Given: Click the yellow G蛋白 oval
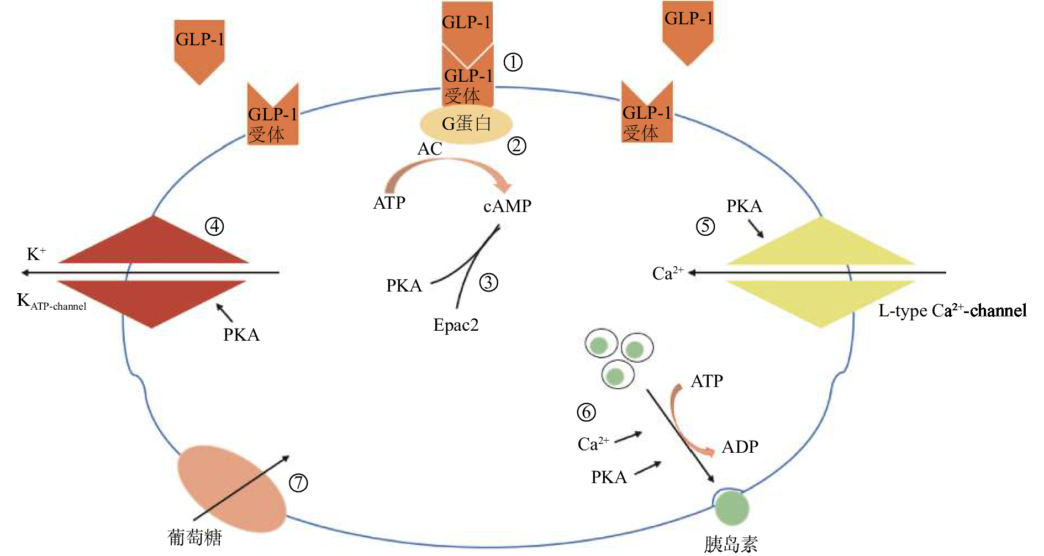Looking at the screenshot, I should tap(466, 124).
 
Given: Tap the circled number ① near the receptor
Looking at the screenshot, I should tap(513, 62).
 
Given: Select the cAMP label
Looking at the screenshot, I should tap(507, 206).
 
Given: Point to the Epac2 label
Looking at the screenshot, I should tap(456, 325).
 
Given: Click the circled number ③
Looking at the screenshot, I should tap(488, 283).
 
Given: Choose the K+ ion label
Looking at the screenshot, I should tap(36, 254).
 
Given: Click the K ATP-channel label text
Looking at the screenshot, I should tap(51, 302).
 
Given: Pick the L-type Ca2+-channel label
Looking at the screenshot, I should tap(952, 310).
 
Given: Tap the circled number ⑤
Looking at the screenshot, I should tap(705, 226).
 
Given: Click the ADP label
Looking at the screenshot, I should tap(740, 446).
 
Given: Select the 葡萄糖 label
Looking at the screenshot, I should tap(194, 537).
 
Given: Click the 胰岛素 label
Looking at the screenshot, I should tap(731, 544).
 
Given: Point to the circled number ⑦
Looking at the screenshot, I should tap(298, 483).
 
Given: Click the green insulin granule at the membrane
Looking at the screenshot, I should tap(732, 508).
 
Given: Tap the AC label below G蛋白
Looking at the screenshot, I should tap(430, 149).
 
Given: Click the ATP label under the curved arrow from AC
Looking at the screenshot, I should tap(389, 203).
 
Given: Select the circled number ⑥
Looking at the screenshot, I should tap(587, 412).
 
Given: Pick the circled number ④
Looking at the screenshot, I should tap(214, 226).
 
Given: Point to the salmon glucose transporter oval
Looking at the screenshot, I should tap(231, 489).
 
